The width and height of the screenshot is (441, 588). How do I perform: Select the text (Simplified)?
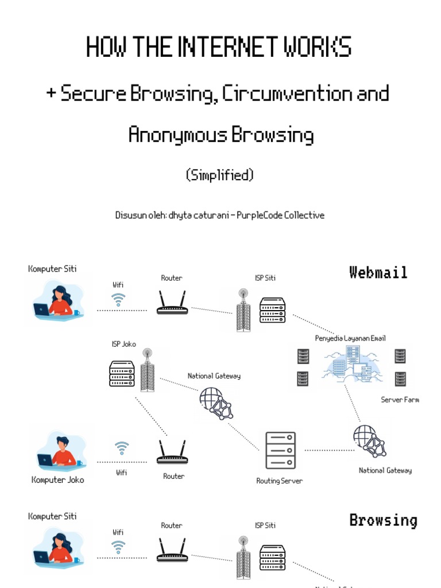pos(220,176)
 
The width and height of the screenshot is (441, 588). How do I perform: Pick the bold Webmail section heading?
pos(378,272)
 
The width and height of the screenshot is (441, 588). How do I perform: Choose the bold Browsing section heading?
pos(383,520)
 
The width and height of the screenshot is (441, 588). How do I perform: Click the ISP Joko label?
pos(123,344)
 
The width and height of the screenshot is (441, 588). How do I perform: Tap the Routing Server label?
pos(279,481)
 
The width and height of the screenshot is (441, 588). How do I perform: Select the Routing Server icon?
pos(280,450)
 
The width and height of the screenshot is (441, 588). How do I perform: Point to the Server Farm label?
pos(400,400)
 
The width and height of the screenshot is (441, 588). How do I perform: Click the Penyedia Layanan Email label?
pos(350,338)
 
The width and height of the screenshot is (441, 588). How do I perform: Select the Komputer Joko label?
pos(57,480)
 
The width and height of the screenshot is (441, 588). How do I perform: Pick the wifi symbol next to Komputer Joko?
pos(121,447)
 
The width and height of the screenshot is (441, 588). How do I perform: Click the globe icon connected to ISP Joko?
pos(215,402)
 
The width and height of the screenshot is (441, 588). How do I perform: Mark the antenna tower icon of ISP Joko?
pos(147,370)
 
